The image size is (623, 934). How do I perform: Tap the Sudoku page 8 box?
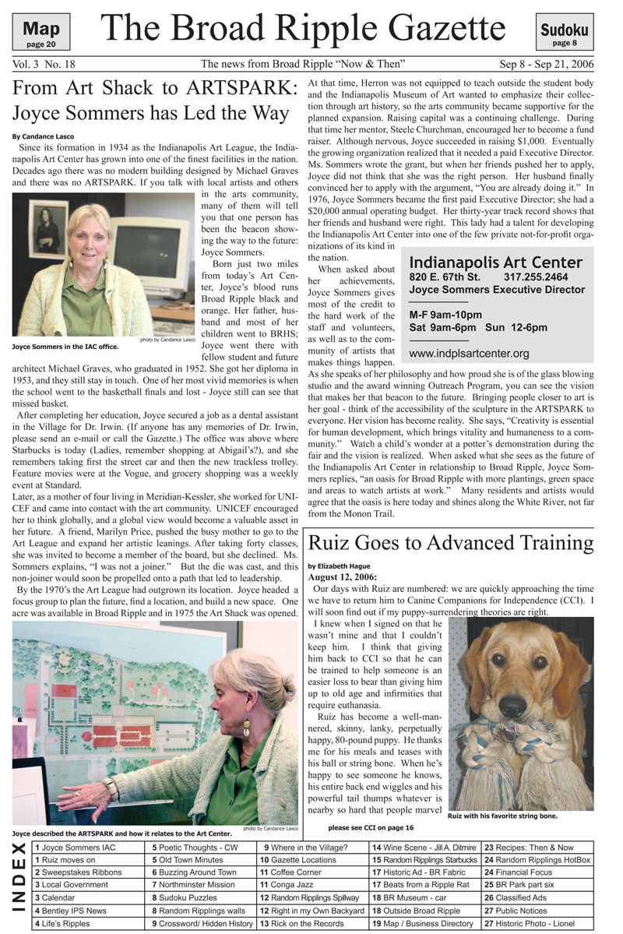(564, 33)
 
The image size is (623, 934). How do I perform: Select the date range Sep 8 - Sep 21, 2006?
(554, 64)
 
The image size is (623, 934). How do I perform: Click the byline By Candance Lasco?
(43, 136)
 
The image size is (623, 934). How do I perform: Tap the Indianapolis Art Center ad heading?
(495, 262)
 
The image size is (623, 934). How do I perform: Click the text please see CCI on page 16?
(371, 827)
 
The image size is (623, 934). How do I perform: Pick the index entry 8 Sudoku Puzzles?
(185, 897)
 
